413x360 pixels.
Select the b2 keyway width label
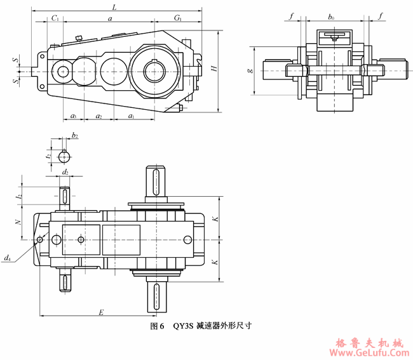[x=75, y=135]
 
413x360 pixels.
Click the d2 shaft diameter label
[x=65, y=172]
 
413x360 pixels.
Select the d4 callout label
[x=6, y=258]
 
